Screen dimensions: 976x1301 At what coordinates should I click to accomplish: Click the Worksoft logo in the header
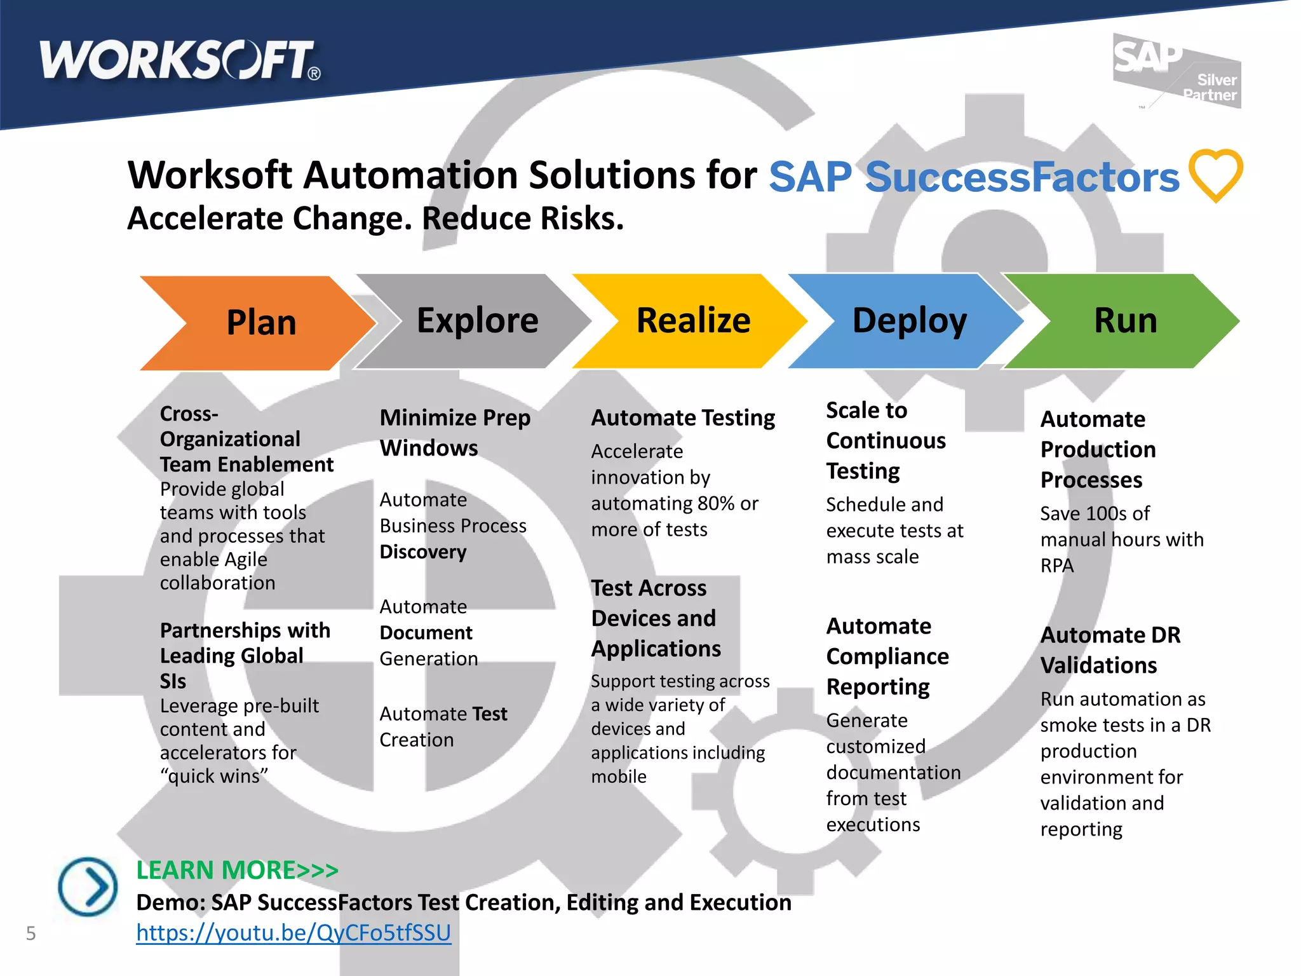(180, 61)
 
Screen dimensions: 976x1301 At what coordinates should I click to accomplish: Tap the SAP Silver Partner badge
(1177, 71)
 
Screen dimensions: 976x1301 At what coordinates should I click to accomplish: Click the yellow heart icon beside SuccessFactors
(1215, 175)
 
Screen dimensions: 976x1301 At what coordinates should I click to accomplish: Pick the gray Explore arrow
(476, 321)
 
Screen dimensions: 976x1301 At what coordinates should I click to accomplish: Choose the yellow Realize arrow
(692, 321)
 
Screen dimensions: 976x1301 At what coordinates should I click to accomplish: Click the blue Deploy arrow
(908, 321)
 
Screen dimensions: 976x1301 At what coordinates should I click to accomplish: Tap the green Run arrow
(1124, 321)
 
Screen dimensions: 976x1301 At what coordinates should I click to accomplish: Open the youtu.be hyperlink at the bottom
(293, 932)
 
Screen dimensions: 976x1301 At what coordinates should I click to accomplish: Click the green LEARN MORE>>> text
(238, 870)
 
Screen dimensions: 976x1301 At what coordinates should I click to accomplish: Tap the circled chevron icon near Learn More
(88, 886)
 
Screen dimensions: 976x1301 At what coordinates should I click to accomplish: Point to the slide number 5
(30, 933)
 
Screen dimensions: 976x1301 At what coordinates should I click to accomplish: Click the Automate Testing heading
(683, 417)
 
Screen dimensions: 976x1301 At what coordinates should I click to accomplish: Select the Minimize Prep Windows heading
(454, 433)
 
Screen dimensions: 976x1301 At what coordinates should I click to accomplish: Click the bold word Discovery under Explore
(423, 552)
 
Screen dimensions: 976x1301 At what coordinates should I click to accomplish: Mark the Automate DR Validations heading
(1110, 649)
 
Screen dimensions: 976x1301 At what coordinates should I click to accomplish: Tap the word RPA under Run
(1056, 566)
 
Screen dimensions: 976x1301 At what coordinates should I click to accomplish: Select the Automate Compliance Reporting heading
(887, 656)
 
